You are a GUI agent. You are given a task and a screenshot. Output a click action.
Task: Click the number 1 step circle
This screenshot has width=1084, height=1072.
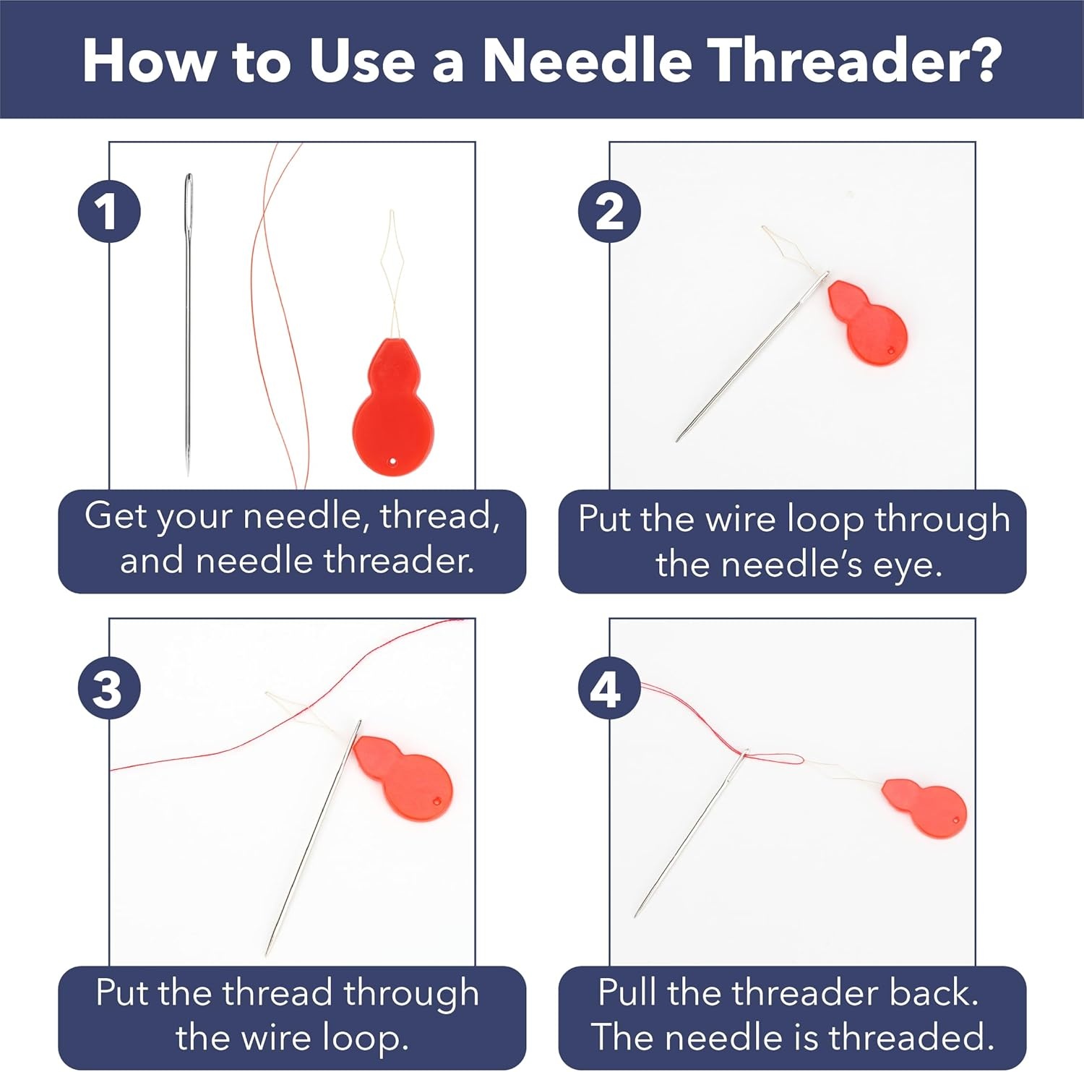pyautogui.click(x=109, y=212)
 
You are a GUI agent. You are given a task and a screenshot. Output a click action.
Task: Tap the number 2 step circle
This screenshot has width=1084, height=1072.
pyautogui.click(x=610, y=212)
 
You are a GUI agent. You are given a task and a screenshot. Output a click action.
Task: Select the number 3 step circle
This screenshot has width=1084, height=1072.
pyautogui.click(x=109, y=687)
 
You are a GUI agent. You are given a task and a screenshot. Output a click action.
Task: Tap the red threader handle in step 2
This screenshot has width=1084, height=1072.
pyautogui.click(x=867, y=322)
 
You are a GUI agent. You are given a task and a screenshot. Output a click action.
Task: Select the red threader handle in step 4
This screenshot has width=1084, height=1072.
pyautogui.click(x=925, y=807)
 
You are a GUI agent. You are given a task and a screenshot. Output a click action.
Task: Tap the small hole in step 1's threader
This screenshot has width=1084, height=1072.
pyautogui.click(x=392, y=460)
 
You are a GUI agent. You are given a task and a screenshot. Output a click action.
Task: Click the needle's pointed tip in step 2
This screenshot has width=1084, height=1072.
pyautogui.click(x=678, y=439)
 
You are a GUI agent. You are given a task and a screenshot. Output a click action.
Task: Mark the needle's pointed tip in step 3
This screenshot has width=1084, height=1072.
pyautogui.click(x=267, y=954)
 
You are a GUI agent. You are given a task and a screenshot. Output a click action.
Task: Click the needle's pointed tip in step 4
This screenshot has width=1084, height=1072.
pyautogui.click(x=636, y=916)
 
